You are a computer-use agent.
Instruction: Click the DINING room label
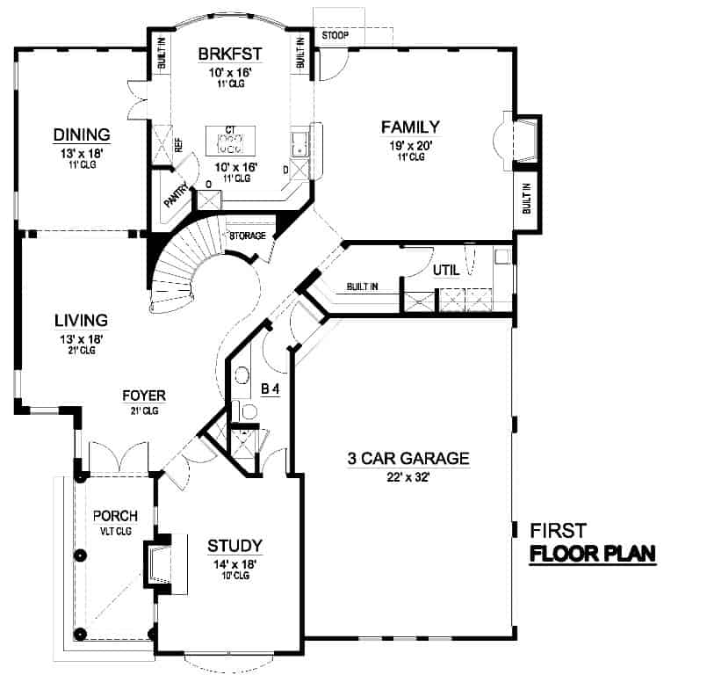coord(81,134)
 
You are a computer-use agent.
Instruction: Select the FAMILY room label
coord(408,127)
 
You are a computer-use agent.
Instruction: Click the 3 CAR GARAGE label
coord(408,458)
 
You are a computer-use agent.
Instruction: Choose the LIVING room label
coord(79,320)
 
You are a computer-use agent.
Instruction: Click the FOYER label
coord(144,396)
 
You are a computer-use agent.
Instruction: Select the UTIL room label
coord(446,271)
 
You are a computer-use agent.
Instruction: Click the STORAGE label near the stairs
coord(248,236)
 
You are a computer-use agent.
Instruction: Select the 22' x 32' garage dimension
coord(408,477)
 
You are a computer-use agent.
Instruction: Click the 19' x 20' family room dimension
coord(408,144)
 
